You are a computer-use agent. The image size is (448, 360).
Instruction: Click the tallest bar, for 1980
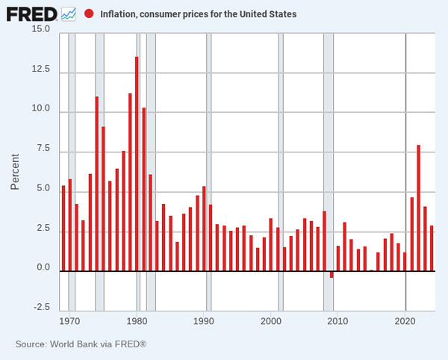click(137, 164)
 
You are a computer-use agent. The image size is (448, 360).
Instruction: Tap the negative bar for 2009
click(332, 274)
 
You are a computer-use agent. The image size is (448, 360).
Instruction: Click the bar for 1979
click(130, 182)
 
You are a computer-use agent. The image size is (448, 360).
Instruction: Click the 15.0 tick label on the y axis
click(40, 29)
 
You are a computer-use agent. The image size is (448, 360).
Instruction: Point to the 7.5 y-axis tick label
click(43, 149)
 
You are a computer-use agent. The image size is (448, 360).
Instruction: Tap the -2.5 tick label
click(40, 307)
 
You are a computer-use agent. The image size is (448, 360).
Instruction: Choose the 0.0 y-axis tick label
click(43, 267)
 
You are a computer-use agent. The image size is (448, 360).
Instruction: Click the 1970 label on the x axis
click(69, 322)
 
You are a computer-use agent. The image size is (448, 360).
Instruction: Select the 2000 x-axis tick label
click(271, 322)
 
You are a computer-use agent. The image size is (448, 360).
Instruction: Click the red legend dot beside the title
click(89, 13)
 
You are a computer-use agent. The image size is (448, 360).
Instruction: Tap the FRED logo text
click(31, 13)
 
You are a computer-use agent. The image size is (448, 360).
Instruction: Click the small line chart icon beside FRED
click(69, 13)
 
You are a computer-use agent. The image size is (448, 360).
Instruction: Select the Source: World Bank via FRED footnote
click(81, 344)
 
